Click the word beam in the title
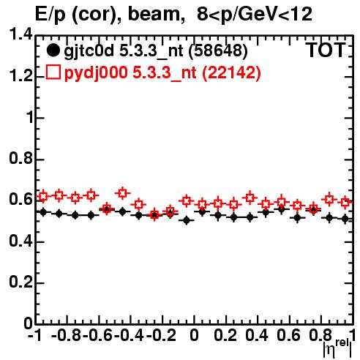pyautogui.click(x=154, y=14)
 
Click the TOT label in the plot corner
pyautogui.click(x=326, y=50)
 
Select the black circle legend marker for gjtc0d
pyautogui.click(x=53, y=50)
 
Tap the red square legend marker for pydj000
pyautogui.click(x=53, y=72)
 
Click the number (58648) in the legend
pyautogui.click(x=218, y=50)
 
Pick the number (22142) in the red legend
pyautogui.click(x=231, y=72)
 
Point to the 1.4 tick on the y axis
pyautogui.click(x=20, y=34)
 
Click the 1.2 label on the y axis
pyautogui.click(x=20, y=76)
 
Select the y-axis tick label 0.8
pyautogui.click(x=20, y=158)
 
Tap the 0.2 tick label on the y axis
pyautogui.click(x=20, y=282)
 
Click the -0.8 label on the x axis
pyautogui.click(x=66, y=335)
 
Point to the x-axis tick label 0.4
pyautogui.click(x=257, y=335)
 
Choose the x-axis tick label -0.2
pyautogui.click(x=161, y=335)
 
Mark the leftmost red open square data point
pyautogui.click(x=43, y=196)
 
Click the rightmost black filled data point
pyautogui.click(x=345, y=219)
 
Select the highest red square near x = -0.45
pyautogui.click(x=123, y=193)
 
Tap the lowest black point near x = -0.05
pyautogui.click(x=187, y=220)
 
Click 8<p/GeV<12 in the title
pyautogui.click(x=255, y=14)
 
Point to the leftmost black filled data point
pyautogui.click(x=43, y=212)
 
